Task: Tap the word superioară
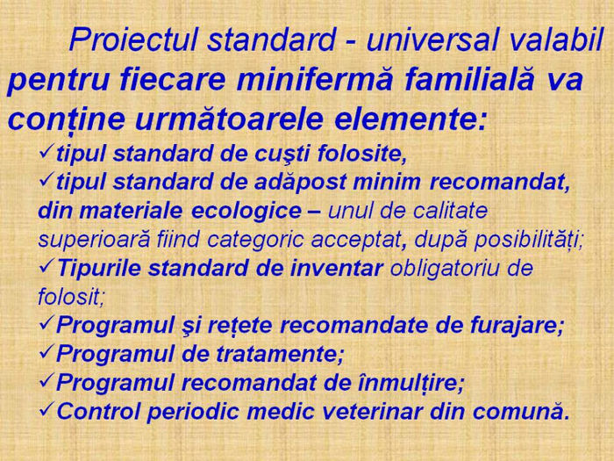(94, 239)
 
